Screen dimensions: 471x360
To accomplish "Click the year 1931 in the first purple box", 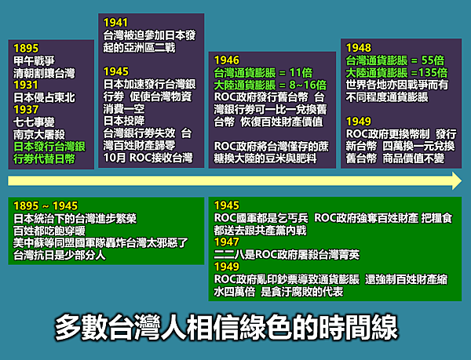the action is [26, 85].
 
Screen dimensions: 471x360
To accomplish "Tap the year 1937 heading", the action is [26, 110].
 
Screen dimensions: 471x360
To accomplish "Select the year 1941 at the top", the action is [115, 23].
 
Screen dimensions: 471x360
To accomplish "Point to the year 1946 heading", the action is [227, 60].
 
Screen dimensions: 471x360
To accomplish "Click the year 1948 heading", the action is [359, 48].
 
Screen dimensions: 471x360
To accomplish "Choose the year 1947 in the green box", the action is [227, 242].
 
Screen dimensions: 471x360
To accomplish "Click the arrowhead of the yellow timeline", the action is [457, 181].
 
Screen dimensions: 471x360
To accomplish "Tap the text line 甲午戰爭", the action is [34, 61].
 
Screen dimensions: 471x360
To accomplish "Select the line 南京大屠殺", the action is [39, 134].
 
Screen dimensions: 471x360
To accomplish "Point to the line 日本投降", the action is [124, 121].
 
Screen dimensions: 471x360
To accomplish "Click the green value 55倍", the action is [433, 60].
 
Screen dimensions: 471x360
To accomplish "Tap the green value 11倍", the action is [301, 73].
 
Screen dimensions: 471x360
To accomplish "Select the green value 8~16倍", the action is [308, 85].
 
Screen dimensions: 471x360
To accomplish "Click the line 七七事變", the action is [34, 122].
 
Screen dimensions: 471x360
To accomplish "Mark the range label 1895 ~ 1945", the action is [46, 205].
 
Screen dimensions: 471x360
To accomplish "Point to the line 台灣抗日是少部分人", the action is [60, 255].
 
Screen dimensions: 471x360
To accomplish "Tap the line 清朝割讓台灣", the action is [44, 73].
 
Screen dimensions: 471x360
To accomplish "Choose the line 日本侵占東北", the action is [44, 97].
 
